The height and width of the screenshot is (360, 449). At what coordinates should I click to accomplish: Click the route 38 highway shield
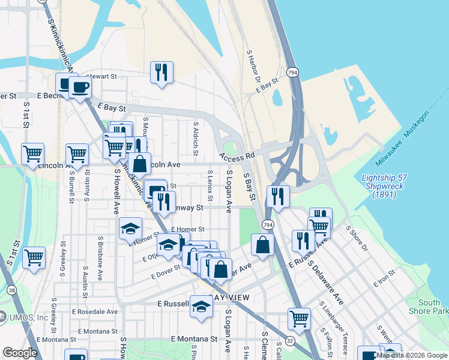click(x=13, y=290)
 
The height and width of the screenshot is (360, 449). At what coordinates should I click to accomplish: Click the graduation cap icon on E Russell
click(x=202, y=307)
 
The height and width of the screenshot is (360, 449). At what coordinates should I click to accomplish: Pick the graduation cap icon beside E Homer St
click(x=130, y=229)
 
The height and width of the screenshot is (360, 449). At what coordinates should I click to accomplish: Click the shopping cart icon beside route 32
click(x=299, y=319)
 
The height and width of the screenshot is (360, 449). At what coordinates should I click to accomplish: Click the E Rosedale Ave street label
click(x=95, y=312)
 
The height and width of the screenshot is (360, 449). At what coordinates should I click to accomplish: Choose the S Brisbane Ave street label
click(x=100, y=254)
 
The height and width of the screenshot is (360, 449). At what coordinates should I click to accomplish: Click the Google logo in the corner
click(x=20, y=353)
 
